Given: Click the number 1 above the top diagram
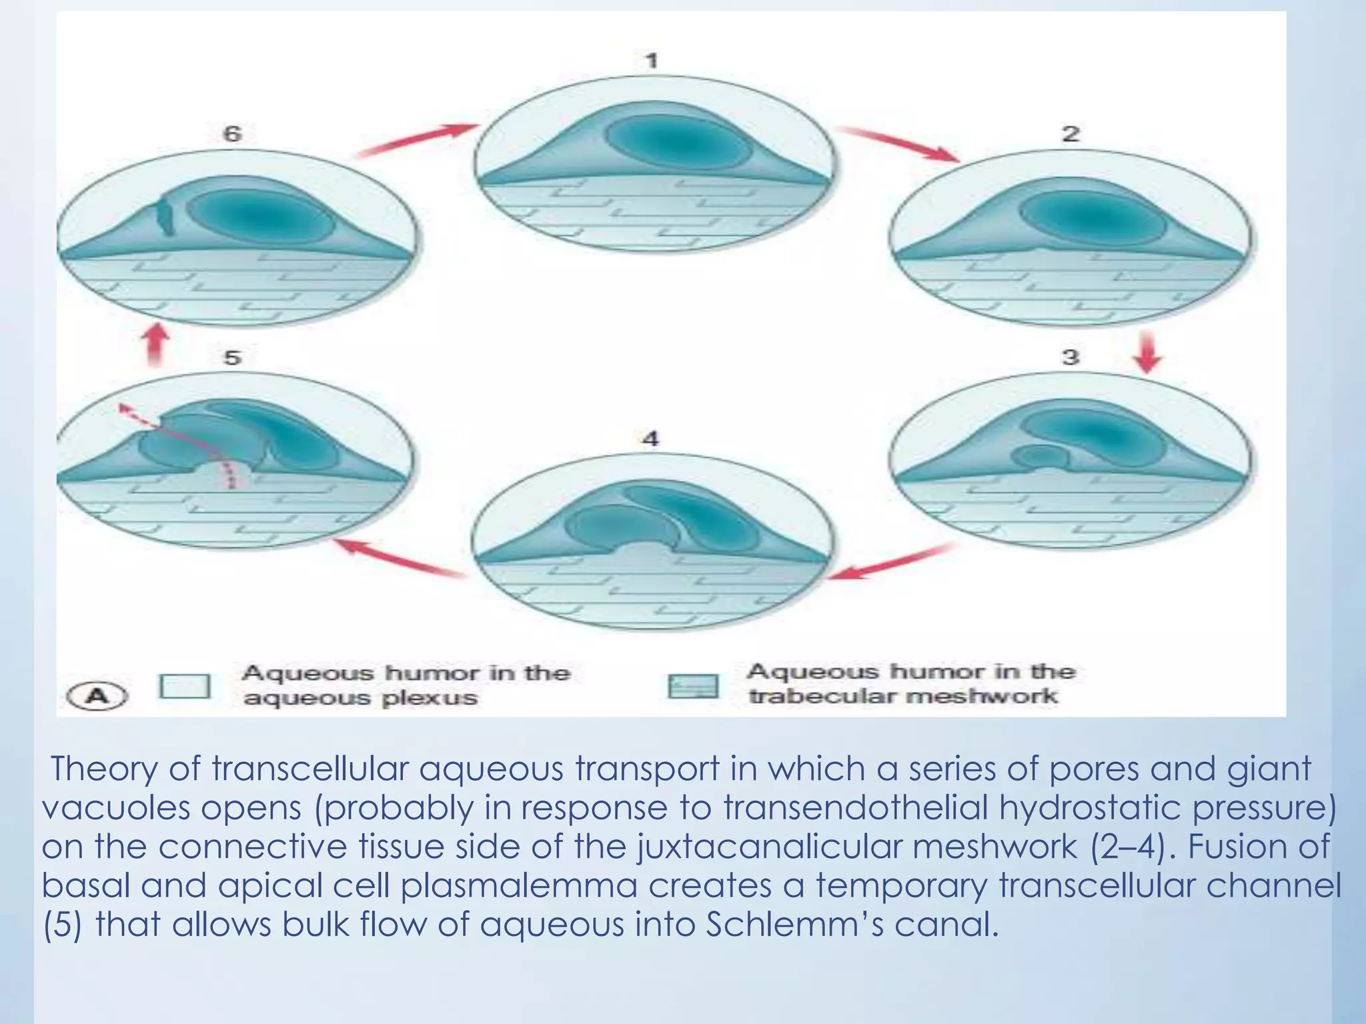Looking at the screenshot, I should click(x=652, y=61).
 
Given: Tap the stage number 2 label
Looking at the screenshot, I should click(x=1070, y=134).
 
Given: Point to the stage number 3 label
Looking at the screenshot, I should click(x=1070, y=357).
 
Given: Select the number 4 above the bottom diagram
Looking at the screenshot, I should click(x=650, y=439).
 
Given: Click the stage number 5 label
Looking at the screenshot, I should click(x=231, y=358).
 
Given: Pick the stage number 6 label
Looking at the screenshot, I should click(x=231, y=134).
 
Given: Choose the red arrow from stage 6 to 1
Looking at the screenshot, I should click(x=417, y=141).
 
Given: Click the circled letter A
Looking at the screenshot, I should click(x=98, y=697).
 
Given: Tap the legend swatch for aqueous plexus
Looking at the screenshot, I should click(x=185, y=686).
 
